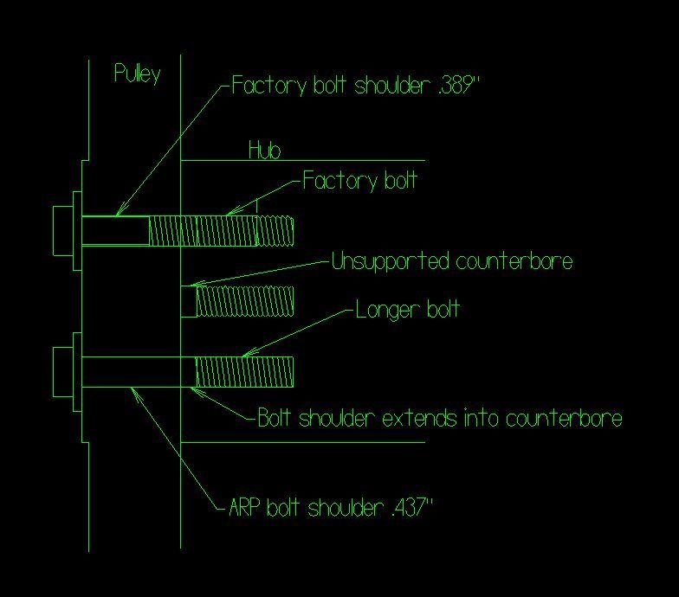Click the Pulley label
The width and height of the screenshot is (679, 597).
click(x=137, y=74)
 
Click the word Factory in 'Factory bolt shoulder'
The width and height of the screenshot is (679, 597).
click(x=261, y=87)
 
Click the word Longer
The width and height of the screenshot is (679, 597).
click(x=383, y=310)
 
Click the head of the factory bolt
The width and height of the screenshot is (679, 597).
click(x=62, y=230)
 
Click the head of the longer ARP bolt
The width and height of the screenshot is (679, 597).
click(x=62, y=372)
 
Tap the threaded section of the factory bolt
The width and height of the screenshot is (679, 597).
click(x=221, y=230)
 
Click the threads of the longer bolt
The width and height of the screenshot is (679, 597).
click(x=244, y=372)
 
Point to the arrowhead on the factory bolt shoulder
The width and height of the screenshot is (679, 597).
click(x=120, y=212)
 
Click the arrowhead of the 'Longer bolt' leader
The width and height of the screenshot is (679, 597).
click(x=244, y=354)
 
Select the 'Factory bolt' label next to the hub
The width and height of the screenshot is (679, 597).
click(x=359, y=181)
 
